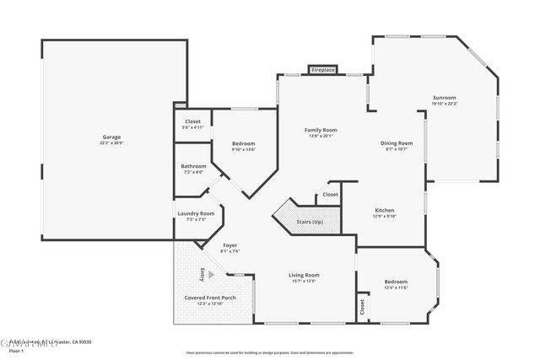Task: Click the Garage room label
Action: (111, 137)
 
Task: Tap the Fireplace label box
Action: (323, 70)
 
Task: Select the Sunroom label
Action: (445, 98)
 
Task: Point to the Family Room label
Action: (321, 130)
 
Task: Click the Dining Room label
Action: (397, 143)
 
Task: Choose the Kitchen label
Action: (384, 210)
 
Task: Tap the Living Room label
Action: (304, 275)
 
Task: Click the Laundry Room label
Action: (196, 213)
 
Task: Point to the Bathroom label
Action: (193, 166)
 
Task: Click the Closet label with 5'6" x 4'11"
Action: (193, 121)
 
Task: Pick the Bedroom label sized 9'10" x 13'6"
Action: (243, 143)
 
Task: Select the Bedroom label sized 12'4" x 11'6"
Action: (396, 282)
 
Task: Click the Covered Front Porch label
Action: (210, 298)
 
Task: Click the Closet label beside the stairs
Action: (330, 195)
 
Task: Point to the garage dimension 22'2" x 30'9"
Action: (111, 142)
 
